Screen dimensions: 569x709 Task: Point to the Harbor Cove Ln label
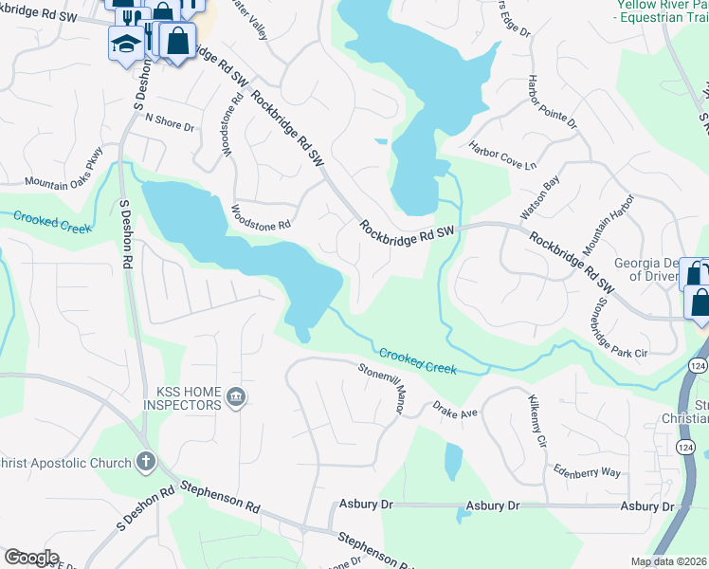[x=502, y=155]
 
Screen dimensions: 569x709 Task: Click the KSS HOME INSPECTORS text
[x=182, y=397]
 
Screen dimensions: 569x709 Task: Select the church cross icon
[x=144, y=462]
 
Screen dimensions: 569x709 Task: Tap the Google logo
[x=31, y=558]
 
